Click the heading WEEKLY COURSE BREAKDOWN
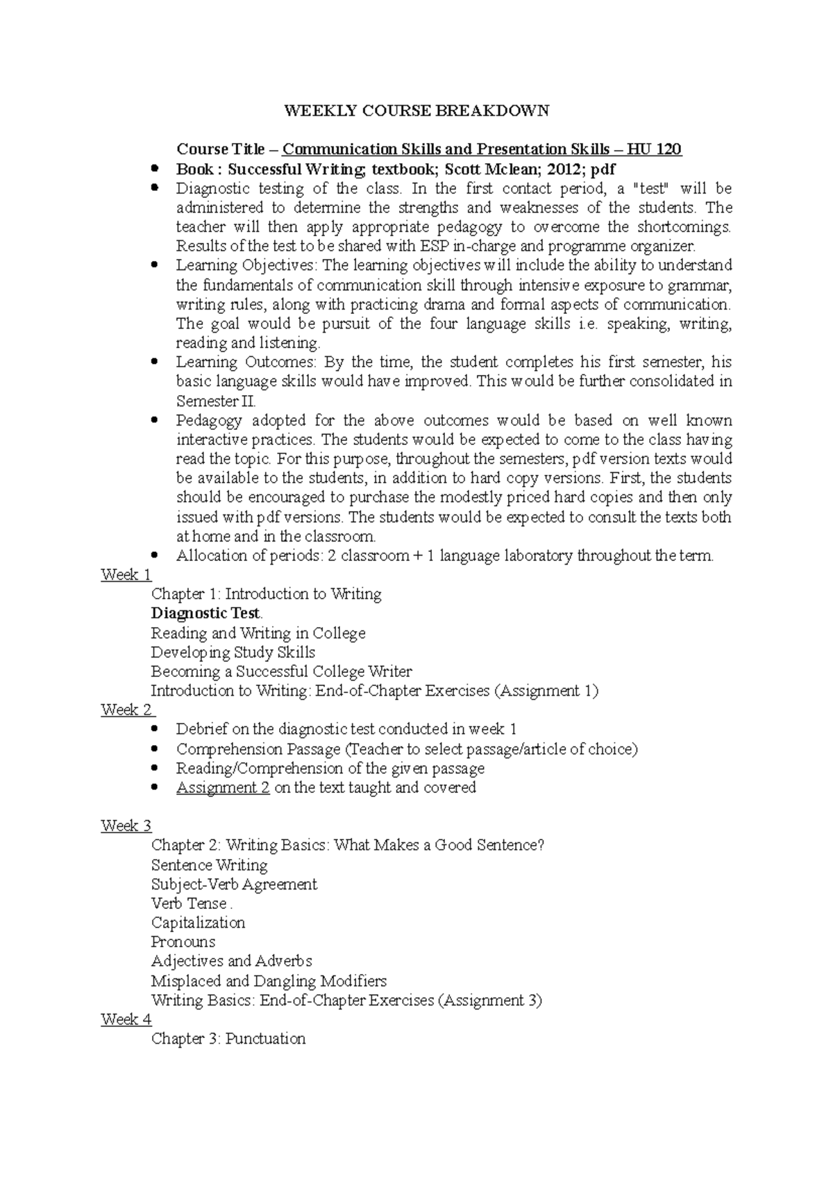416,110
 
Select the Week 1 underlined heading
126,575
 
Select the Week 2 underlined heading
127,710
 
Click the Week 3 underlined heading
126,826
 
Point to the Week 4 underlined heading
126,1019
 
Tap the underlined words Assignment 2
223,787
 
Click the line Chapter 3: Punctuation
228,1039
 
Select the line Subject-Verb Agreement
234,884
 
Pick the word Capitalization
198,923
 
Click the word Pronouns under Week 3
183,942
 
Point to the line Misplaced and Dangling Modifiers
269,981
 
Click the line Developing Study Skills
233,652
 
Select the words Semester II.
216,401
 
